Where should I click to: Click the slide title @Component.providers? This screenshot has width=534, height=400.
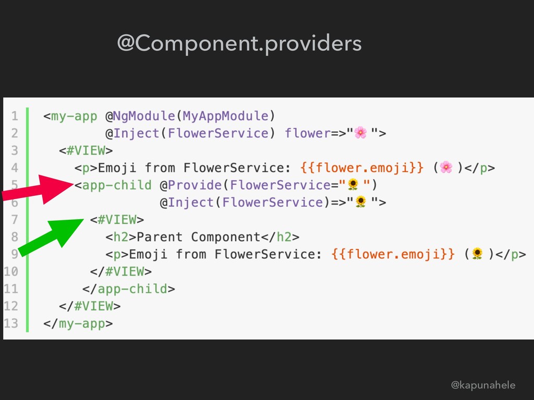(x=239, y=44)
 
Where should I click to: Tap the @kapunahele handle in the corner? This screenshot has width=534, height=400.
(x=483, y=385)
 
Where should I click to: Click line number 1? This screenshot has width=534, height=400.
(x=15, y=116)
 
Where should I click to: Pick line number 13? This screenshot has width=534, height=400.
(x=11, y=323)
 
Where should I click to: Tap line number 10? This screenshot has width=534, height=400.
(x=11, y=271)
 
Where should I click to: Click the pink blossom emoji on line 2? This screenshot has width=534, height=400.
(x=360, y=133)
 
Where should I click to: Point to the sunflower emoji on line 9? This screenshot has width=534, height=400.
(x=477, y=254)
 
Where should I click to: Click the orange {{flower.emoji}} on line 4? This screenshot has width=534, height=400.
(x=362, y=168)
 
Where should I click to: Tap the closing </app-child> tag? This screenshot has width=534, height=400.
(x=128, y=289)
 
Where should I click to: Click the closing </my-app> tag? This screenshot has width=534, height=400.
(x=78, y=323)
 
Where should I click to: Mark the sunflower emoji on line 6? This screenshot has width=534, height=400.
(x=360, y=202)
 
